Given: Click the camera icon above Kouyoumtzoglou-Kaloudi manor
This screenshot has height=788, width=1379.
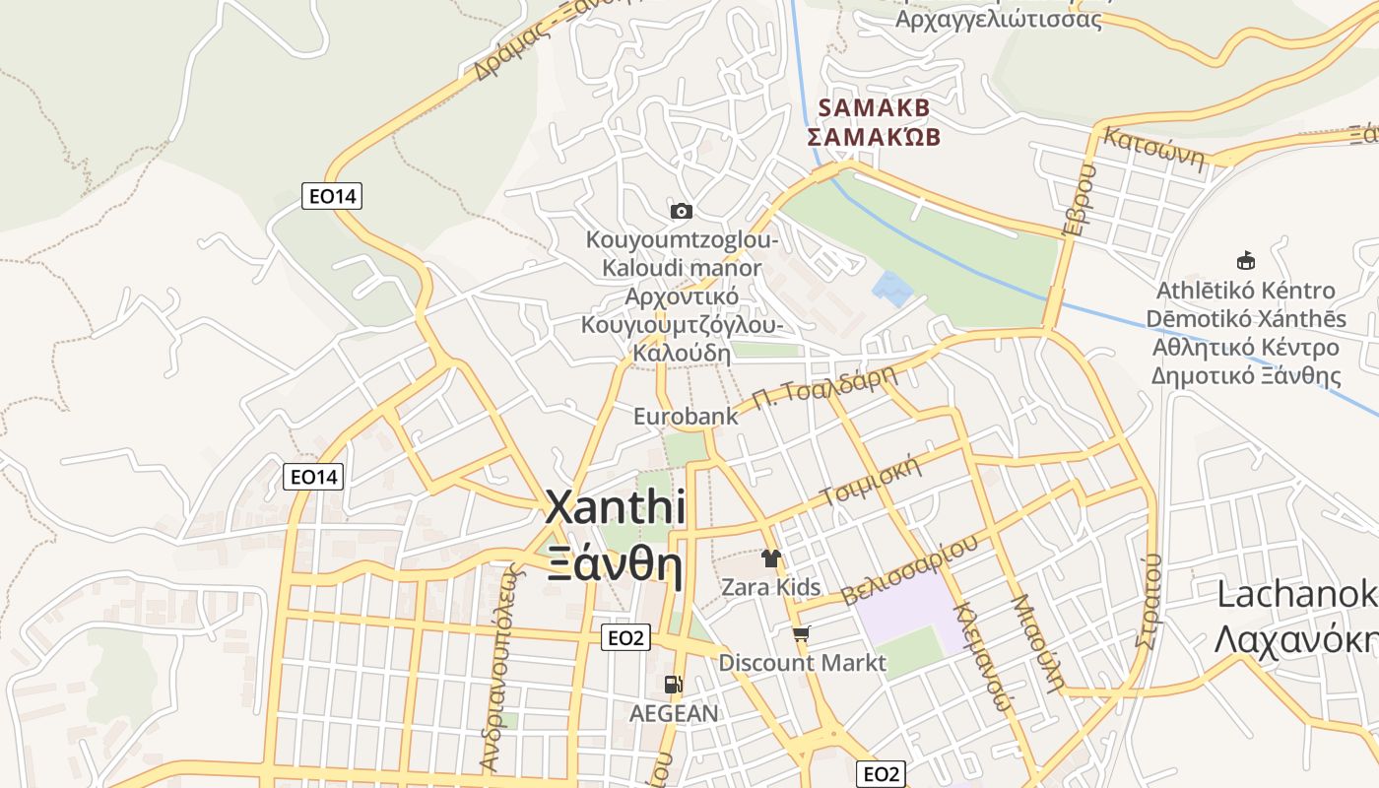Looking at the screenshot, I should [x=681, y=211].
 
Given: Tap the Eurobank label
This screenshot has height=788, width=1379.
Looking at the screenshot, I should [x=686, y=416].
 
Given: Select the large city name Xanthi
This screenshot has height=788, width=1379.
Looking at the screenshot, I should [x=616, y=508].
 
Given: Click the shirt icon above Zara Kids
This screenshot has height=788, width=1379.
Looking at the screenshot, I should [x=770, y=558].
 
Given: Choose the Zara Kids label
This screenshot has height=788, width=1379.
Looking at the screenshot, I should [x=770, y=587].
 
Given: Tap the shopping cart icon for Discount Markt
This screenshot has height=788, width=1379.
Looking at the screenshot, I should [x=802, y=634].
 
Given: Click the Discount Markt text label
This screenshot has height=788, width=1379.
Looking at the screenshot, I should [x=802, y=662].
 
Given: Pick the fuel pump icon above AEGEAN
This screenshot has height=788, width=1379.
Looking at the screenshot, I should [x=674, y=684].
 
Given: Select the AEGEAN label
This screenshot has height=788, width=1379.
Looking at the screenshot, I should [x=674, y=712].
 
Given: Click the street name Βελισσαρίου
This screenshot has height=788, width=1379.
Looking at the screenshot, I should [x=910, y=569].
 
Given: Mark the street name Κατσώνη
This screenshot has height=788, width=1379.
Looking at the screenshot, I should [x=1154, y=148].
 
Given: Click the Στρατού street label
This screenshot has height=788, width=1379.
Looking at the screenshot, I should [x=1149, y=601].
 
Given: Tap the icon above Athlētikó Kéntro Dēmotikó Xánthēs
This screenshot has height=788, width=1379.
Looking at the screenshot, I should [x=1246, y=261].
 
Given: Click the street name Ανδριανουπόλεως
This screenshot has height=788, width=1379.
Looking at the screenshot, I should [x=497, y=670].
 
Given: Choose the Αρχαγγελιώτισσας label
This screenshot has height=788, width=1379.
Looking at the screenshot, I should [x=999, y=19].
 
